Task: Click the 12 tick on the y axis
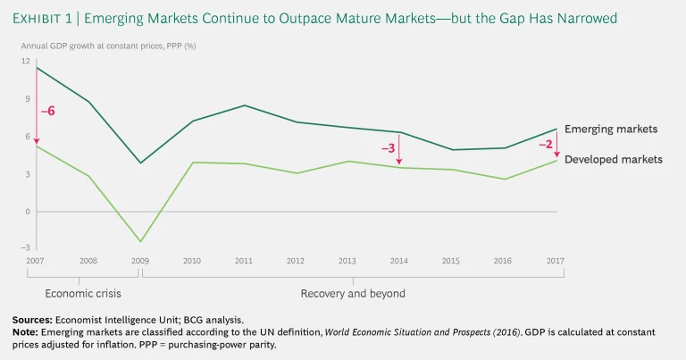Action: tap(26, 61)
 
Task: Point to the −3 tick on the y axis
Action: tap(25, 247)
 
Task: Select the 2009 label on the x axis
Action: tap(139, 261)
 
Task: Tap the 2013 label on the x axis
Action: tap(347, 261)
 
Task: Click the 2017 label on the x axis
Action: tap(556, 261)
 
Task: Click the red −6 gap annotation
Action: tap(48, 111)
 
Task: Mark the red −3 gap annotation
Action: tap(388, 148)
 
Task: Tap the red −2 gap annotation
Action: tap(546, 144)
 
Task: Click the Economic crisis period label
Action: tap(82, 293)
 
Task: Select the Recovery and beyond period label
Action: tap(353, 293)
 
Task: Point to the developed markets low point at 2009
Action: tap(140, 241)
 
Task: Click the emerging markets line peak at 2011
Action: tap(244, 105)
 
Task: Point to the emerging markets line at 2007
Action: tap(37, 67)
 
